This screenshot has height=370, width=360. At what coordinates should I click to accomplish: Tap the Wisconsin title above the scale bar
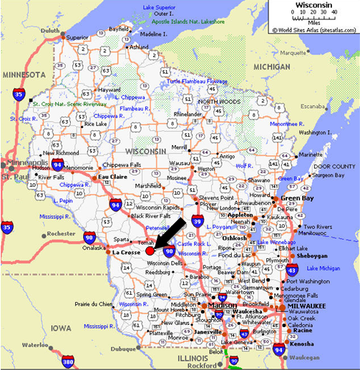click(313, 5)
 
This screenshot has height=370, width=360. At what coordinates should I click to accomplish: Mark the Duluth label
click(50, 31)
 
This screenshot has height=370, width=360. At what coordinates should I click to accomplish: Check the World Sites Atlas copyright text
click(313, 30)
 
